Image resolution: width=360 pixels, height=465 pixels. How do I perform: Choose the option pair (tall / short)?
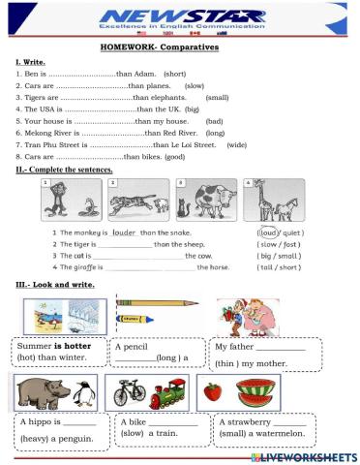[285, 266]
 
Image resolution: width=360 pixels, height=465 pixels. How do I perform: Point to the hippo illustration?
[39, 391]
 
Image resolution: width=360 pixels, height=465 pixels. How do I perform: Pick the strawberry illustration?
[216, 392]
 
